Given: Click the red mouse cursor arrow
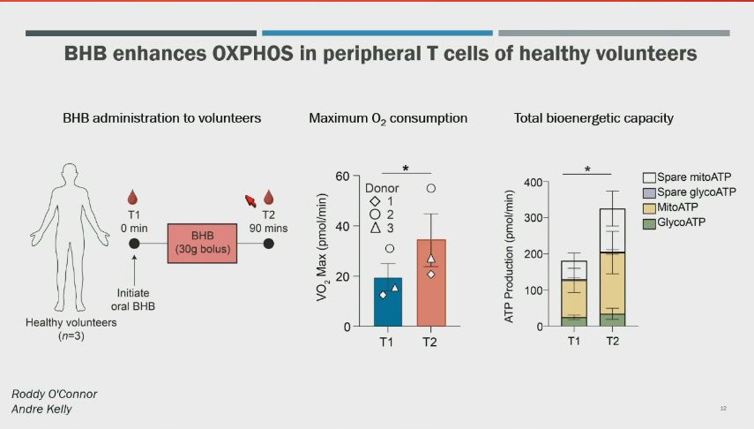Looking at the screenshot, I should (x=250, y=202).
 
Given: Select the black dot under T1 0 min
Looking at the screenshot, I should (x=133, y=242).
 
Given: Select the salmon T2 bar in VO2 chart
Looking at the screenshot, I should (x=431, y=282).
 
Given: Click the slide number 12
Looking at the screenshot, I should (x=723, y=409).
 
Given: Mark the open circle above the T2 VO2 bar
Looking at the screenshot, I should (x=431, y=188).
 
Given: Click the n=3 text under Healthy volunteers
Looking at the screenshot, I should (x=57, y=337).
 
